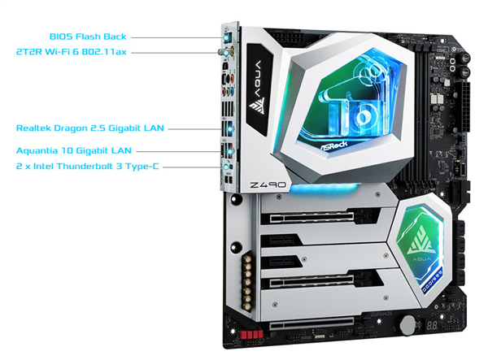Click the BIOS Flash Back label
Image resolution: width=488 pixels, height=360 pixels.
pyautogui.click(x=88, y=37)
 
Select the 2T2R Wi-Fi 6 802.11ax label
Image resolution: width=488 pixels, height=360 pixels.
pyautogui.click(x=72, y=52)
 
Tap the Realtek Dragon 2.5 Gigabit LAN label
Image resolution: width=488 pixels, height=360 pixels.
pyautogui.click(x=90, y=128)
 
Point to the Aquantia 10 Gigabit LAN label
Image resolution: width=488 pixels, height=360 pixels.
pyautogui.click(x=74, y=151)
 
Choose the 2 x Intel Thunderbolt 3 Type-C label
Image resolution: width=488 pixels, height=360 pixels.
pyautogui.click(x=88, y=167)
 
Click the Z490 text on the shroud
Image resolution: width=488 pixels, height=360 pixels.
pyautogui.click(x=268, y=184)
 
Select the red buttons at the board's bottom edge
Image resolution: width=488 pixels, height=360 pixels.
pyautogui.click(x=251, y=335)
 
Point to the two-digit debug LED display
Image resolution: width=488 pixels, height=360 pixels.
pyautogui.click(x=432, y=326)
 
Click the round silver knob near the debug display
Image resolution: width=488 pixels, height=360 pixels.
pyautogui.click(x=408, y=326)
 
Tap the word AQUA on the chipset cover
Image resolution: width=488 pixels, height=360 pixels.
pyautogui.click(x=421, y=259)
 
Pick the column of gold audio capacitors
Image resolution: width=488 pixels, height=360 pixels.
pyautogui.click(x=247, y=283)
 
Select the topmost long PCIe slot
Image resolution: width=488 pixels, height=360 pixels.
pyautogui.click(x=312, y=217)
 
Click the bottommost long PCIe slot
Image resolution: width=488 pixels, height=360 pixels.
pyautogui.click(x=312, y=324)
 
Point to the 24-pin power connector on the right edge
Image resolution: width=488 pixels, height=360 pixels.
pyautogui.click(x=465, y=106)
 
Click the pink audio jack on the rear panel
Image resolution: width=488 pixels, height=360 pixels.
pyautogui.click(x=224, y=92)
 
